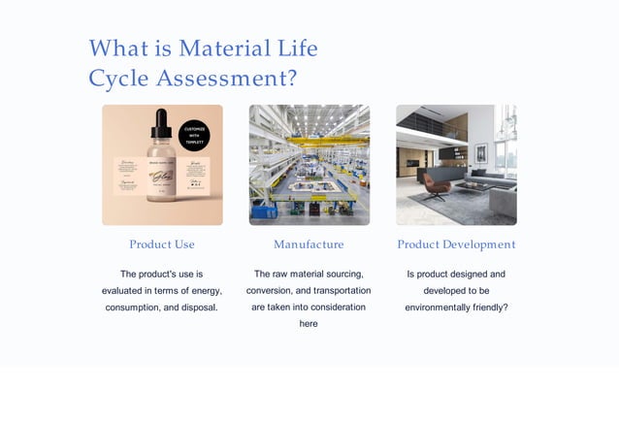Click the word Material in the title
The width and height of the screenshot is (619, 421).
tap(224, 49)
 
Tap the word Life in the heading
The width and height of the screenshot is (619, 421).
tap(298, 49)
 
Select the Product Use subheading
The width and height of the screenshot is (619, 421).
tap(162, 244)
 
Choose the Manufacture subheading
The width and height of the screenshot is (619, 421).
tap(309, 244)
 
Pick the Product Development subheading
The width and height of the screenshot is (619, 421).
tap(456, 244)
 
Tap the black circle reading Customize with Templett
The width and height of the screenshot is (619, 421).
tap(195, 135)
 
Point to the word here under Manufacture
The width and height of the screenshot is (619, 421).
tap(309, 324)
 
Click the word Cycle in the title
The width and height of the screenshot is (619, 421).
tap(116, 78)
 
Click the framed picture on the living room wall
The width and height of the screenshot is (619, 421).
tap(480, 153)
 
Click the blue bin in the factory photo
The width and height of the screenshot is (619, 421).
tap(261, 211)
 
